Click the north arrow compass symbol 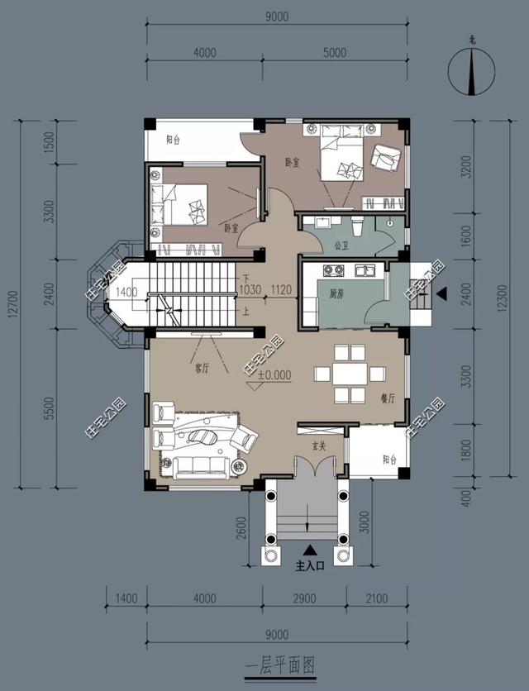point(472,70)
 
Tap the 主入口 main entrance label point(311,567)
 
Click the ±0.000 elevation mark point(274,374)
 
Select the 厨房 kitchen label point(336,293)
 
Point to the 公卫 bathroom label point(341,245)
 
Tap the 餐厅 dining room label point(387,398)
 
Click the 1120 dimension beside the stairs point(282,290)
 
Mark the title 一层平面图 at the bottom point(280,664)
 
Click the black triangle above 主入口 point(310,550)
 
